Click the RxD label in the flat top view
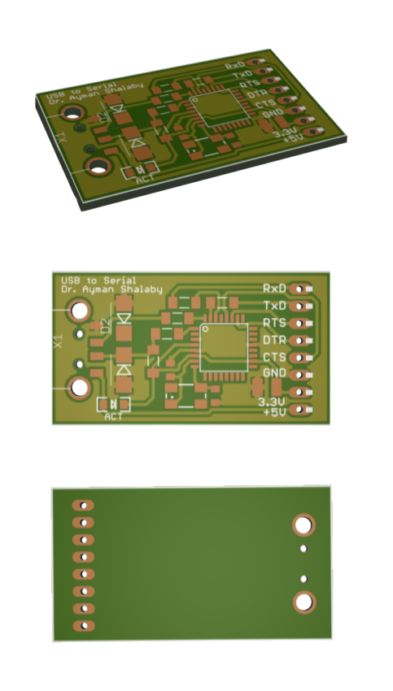pos(274,289)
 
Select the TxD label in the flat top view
pos(274,306)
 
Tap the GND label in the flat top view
pos(274,373)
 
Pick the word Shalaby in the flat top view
pos(142,289)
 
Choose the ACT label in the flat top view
pos(114,417)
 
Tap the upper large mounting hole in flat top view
pos(80,311)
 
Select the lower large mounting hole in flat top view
pos(80,387)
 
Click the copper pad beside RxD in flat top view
pos(303,289)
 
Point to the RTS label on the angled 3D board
pos(248,85)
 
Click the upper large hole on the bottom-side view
pos(303,525)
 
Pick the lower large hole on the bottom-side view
pos(303,602)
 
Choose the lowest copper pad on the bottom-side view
pos(83,627)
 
